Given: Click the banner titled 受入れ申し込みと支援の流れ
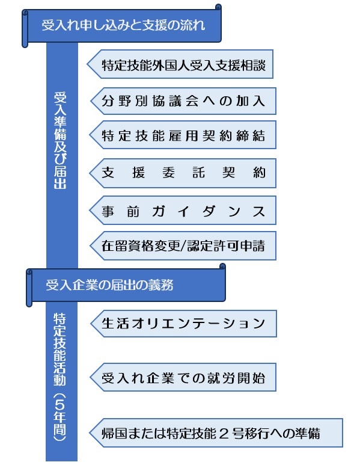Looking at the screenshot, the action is [x=122, y=25].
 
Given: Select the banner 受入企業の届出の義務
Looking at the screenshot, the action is [x=126, y=285].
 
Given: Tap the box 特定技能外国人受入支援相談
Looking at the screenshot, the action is [x=180, y=64].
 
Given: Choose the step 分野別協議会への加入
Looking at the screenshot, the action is [x=183, y=101].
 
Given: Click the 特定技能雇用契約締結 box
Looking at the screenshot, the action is [x=183, y=135].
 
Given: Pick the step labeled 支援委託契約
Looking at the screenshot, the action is [x=183, y=173].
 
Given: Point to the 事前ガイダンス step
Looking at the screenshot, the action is [x=183, y=211].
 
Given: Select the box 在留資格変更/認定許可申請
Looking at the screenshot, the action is [x=183, y=246].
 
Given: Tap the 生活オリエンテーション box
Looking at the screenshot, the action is [x=183, y=324].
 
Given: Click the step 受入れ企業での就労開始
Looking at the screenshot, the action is [x=183, y=377].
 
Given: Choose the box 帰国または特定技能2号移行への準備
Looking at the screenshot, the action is [x=216, y=433].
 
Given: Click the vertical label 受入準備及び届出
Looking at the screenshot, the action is [x=60, y=141].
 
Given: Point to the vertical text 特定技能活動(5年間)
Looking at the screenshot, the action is [x=60, y=377].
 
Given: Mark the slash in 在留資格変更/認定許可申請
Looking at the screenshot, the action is [x=184, y=246].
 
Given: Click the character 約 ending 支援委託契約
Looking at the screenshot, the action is [x=259, y=173].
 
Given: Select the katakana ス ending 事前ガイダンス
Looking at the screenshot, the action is [x=258, y=211].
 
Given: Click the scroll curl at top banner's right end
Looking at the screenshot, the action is [x=218, y=8].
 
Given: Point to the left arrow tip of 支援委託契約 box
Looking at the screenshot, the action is [x=90, y=173].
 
